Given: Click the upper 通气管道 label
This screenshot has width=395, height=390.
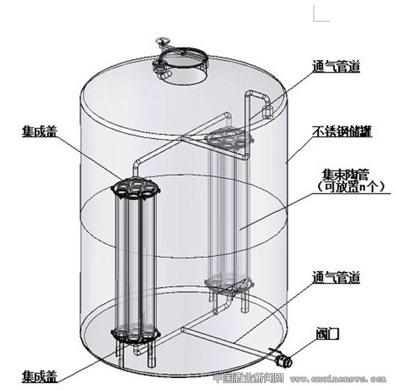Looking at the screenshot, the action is [336, 66].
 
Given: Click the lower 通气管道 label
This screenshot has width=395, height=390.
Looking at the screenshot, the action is [336, 277].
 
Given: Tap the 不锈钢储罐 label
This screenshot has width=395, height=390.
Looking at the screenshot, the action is [342, 131].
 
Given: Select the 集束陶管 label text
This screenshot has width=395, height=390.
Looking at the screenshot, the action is [346, 174].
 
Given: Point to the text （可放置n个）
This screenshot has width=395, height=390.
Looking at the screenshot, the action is [351, 187].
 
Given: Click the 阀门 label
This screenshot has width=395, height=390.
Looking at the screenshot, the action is [327, 333].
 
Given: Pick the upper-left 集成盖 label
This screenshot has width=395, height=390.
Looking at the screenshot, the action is [40, 131].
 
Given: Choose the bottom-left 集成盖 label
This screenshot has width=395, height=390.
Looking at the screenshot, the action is [40, 377].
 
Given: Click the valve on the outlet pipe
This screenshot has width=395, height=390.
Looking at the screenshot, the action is [283, 360].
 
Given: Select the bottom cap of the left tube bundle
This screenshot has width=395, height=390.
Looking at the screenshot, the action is [136, 333].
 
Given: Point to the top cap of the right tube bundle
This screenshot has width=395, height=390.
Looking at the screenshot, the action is [229, 137].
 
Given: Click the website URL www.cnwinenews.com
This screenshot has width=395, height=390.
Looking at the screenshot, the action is [338, 379].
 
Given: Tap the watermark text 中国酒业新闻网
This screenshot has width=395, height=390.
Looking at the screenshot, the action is [249, 379].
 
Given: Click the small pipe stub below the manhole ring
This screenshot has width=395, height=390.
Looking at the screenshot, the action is [166, 75].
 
